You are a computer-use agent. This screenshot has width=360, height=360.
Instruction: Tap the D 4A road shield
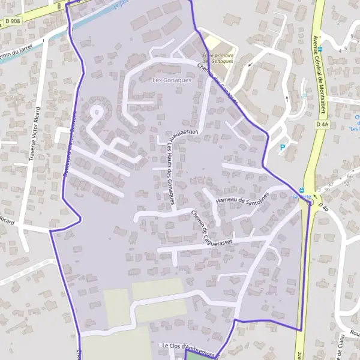pyautogui.click(x=322, y=124)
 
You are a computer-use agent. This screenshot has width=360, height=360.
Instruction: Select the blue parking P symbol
pyautogui.click(x=282, y=147)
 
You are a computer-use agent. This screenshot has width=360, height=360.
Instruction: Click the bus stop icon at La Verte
pyautogui.click(x=301, y=191)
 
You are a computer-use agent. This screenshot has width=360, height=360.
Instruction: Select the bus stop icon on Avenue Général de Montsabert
pyautogui.click(x=320, y=49)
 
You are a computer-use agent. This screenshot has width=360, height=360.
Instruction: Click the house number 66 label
pyautogui.click(x=350, y=176)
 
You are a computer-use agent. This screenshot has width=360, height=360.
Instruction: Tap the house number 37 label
pyautogui.click(x=330, y=184)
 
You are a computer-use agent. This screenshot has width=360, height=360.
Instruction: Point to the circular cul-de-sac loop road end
pyautogui.click(x=95, y=112)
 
